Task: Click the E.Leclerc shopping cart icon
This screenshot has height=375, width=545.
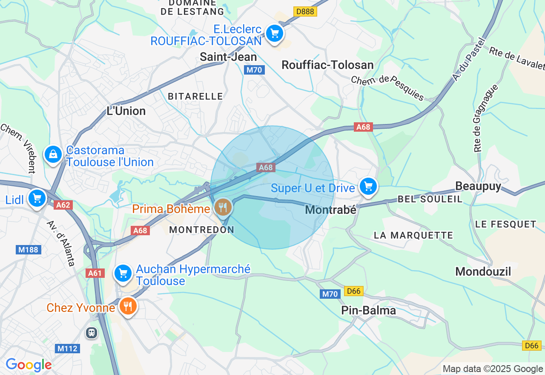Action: pos(275,33)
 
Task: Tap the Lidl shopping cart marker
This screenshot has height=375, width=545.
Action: pos(37,198)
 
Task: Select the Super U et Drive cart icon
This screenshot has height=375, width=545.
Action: pos(368,187)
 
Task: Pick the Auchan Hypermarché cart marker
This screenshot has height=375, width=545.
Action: pos(123,273)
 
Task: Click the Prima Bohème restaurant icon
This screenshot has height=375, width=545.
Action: pos(223,208)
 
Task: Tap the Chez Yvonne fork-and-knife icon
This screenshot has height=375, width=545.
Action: pos(127,306)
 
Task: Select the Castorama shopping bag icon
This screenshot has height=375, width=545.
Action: pos(53,155)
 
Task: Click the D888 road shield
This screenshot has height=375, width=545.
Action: pos(305,12)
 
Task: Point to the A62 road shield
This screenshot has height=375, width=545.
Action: pos(63,205)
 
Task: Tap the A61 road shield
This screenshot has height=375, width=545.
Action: pos(95,273)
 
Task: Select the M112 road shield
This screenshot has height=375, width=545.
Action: pos(67,349)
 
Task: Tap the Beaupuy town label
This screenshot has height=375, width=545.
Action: pos(478,186)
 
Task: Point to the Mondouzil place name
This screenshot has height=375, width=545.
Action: pos(483,271)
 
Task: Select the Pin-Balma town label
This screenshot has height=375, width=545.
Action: pos(369,311)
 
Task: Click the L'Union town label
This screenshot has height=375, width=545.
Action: pos(126,111)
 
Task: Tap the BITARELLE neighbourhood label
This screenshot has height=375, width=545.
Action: pos(195,96)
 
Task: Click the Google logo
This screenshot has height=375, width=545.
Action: pos(29,365)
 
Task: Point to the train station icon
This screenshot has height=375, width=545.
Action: pos(92,332)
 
